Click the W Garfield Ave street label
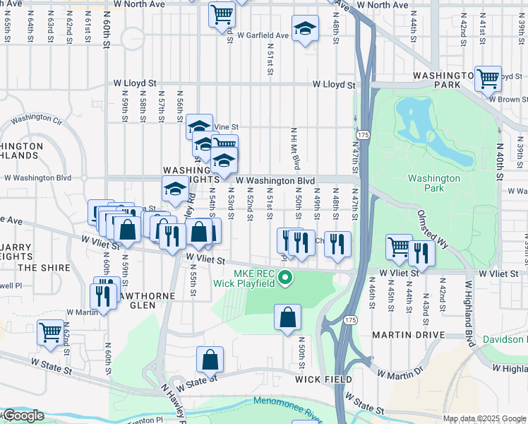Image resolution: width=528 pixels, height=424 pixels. pos(263,35)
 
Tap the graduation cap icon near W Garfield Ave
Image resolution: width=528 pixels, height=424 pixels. pos(305,29)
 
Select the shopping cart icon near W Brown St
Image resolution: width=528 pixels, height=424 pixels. pos(488,79)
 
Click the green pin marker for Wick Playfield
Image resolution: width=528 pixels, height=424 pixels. pos(285,277)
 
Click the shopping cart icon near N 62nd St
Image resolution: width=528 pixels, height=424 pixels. pos(51,332)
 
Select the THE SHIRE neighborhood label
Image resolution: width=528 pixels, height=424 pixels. pos(45,268)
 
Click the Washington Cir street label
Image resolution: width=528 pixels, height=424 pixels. pos(37,118)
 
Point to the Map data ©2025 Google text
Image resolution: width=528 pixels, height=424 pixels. pos(485,418)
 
